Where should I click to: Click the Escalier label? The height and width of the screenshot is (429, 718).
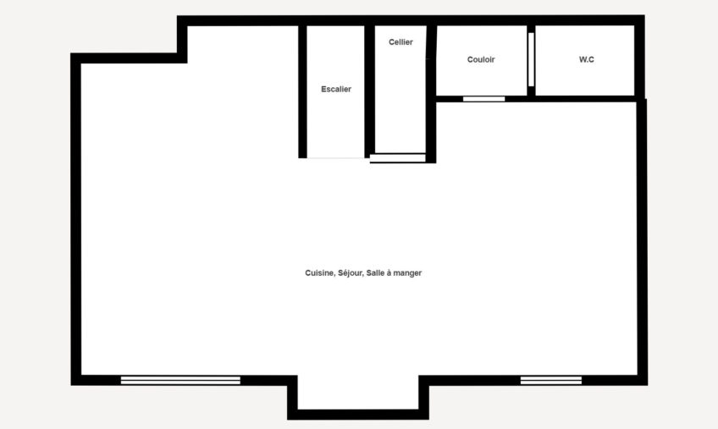pyautogui.click(x=336, y=90)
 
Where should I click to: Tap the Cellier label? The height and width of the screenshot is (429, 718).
pyautogui.click(x=400, y=42)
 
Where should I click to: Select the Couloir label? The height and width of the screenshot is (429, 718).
pyautogui.click(x=481, y=59)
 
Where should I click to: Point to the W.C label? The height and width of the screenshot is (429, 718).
pyautogui.click(x=587, y=59)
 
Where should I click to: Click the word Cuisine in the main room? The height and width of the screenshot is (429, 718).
pyautogui.click(x=319, y=272)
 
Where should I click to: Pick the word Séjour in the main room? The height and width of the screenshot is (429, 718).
pyautogui.click(x=351, y=273)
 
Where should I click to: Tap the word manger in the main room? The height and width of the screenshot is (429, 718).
pyautogui.click(x=407, y=273)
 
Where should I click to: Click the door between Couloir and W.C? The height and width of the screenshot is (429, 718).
pyautogui.click(x=531, y=59)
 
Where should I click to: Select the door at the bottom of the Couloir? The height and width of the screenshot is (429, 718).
pyautogui.click(x=483, y=99)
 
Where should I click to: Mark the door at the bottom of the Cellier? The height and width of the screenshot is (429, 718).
pyautogui.click(x=398, y=158)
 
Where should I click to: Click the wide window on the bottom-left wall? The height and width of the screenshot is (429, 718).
pyautogui.click(x=180, y=380)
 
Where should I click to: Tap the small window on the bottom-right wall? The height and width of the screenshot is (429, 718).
pyautogui.click(x=551, y=380)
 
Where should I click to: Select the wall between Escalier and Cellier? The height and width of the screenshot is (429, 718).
pyautogui.click(x=369, y=91)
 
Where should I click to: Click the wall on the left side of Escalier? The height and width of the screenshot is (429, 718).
pyautogui.click(x=302, y=91)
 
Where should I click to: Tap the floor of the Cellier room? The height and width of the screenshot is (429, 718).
pyautogui.click(x=400, y=101)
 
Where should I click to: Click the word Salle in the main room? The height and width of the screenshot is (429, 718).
pyautogui.click(x=376, y=272)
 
